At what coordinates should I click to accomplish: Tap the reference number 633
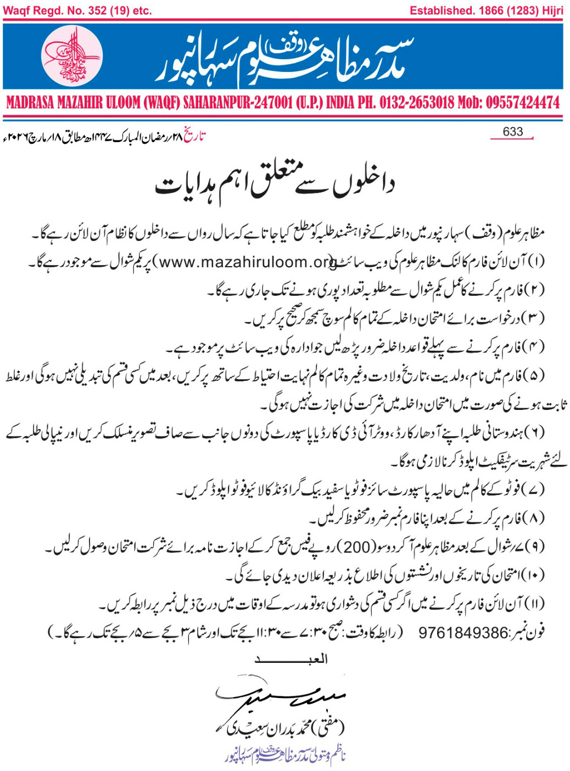[512, 132]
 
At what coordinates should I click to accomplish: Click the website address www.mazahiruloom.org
[247, 262]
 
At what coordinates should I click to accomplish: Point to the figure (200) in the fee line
[356, 547]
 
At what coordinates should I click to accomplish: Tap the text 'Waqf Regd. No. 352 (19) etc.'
[77, 10]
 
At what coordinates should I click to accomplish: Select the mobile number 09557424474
[522, 103]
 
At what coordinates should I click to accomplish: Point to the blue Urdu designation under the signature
[286, 756]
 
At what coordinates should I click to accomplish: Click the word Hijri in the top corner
[551, 10]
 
